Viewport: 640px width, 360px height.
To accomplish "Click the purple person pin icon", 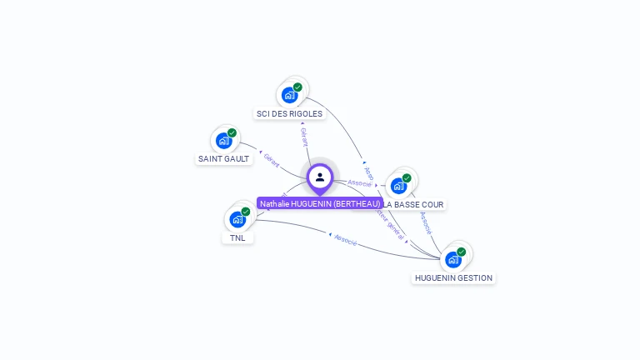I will coord(320,177).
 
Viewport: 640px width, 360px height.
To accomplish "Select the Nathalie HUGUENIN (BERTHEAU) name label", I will coord(320,203).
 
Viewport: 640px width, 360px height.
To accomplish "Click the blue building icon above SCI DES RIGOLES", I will coord(289,94).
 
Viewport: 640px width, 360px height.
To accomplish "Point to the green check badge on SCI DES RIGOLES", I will coord(297,87).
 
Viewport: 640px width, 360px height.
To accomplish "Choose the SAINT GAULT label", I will coord(223,158).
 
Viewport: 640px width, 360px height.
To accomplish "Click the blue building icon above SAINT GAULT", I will coord(223,140).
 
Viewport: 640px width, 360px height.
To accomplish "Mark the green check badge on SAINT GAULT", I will coord(232,132).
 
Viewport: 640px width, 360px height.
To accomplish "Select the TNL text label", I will coord(237,237).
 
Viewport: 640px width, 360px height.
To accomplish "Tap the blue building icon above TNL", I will coord(237,219).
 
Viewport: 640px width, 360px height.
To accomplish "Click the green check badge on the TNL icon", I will coord(246,212).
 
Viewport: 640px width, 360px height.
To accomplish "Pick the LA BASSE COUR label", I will coord(414,204).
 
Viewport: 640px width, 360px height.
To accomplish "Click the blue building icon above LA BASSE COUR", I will coord(398,185).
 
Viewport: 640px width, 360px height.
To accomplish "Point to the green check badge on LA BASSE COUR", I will coord(407,177).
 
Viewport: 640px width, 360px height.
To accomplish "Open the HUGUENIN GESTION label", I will coord(453,277).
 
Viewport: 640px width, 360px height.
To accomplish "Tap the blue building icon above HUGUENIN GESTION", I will coord(452,259).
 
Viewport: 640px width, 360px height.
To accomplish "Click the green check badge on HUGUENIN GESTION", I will coord(461,252).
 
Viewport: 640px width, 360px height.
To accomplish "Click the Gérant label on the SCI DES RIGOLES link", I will coord(303,137).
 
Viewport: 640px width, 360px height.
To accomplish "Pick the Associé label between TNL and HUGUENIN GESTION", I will coord(345,242).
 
